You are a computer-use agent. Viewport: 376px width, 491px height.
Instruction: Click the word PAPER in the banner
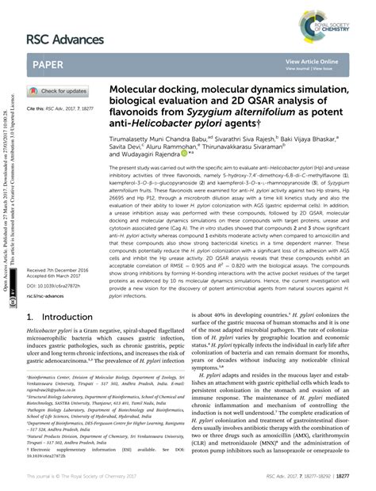[x=49, y=64]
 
